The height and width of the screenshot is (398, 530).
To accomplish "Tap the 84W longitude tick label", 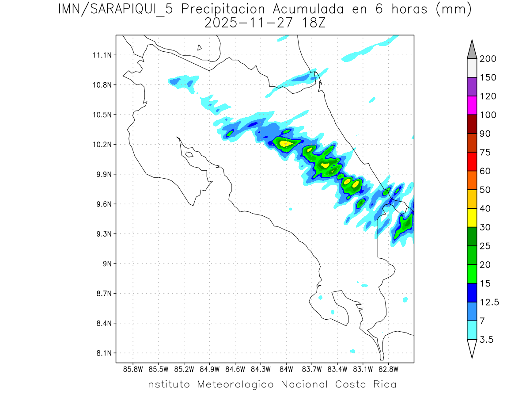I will point(286,369).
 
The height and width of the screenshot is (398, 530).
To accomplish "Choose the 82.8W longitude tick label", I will point(389,369).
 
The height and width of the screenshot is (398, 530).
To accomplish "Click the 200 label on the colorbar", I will point(488,59).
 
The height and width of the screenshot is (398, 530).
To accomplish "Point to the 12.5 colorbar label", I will point(488,302).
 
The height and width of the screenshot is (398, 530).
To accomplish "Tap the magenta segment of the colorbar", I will point(472,105).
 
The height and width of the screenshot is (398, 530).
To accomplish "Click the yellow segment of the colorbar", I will point(472,218).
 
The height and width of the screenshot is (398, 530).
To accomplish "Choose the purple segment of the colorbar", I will point(472,87).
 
